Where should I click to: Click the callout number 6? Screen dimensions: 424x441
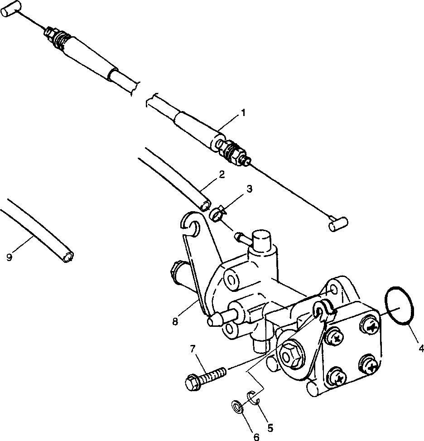(256, 437)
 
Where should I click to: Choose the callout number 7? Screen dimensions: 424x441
(193, 348)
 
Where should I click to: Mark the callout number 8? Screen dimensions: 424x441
(176, 321)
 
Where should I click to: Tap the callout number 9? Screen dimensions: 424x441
(10, 257)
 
